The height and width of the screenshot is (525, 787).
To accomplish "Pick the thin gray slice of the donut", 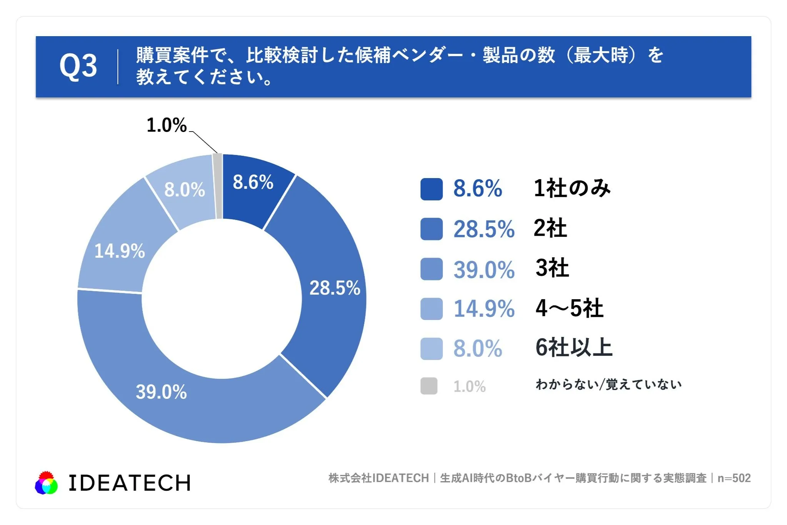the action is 218,186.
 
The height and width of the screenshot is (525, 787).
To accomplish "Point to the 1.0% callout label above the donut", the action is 167,125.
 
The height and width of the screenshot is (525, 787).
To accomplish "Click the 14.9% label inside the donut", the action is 120,251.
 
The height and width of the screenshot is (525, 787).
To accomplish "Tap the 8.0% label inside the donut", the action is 185,190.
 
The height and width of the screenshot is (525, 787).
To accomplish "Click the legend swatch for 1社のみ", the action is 431,189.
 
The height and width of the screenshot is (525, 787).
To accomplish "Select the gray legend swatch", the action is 429,386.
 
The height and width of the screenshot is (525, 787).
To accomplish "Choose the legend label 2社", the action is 550,228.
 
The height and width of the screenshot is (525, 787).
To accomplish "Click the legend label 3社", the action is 552,268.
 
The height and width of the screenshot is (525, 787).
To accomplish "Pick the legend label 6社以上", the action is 574,348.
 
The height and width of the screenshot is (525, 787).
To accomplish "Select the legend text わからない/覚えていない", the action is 609,384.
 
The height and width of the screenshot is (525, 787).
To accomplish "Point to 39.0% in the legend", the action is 484,269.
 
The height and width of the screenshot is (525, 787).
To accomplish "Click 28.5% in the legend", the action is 484,229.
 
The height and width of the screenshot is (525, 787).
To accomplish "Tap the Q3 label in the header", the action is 78,66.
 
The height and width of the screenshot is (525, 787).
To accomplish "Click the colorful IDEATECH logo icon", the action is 46,483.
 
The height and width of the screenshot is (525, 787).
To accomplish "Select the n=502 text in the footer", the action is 734,478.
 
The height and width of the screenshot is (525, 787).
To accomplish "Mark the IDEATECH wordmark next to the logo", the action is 130,483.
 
